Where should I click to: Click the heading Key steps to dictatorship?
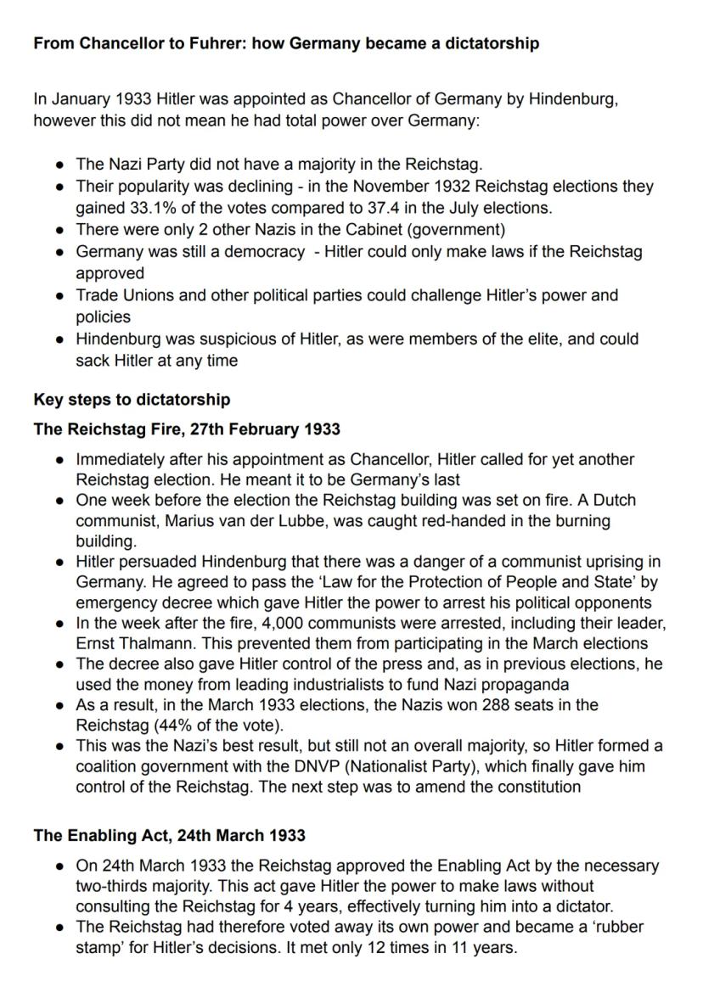coord(132,399)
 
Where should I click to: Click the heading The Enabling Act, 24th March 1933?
coord(169,836)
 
